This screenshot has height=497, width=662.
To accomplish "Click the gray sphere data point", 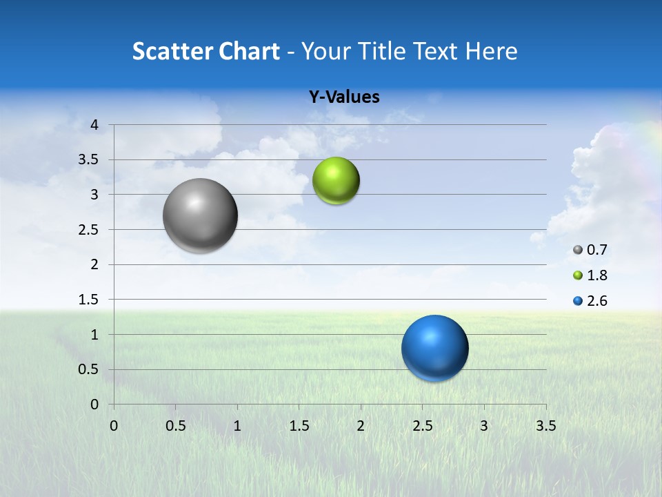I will [200, 215].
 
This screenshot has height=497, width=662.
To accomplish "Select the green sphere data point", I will [336, 181].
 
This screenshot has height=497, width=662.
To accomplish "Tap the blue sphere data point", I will [434, 348].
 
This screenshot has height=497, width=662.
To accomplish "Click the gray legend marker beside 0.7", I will [578, 250].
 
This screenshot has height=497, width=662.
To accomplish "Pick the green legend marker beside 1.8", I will [578, 275].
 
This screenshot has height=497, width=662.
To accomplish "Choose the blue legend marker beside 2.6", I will [578, 301].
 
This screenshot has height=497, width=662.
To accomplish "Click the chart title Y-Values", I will [344, 97].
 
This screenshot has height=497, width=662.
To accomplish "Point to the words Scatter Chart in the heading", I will [205, 51].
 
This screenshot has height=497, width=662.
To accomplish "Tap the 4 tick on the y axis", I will [95, 125].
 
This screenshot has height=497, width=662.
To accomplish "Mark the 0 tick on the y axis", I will [95, 405].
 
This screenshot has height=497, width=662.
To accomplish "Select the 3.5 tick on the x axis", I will [546, 426].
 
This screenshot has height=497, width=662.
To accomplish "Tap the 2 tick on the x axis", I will [361, 426].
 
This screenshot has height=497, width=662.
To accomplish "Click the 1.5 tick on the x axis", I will [299, 426].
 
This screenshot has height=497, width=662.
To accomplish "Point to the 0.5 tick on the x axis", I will [175, 426].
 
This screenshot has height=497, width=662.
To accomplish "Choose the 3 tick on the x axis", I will [484, 426].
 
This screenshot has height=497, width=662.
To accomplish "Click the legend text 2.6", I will [597, 301].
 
